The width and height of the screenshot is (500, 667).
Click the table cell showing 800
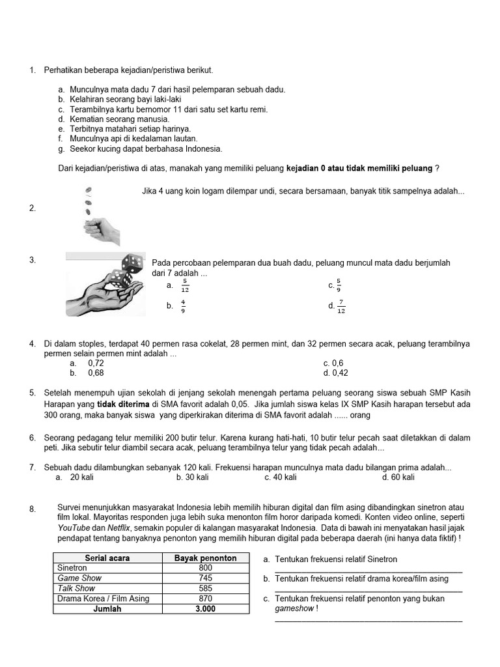point(205,568)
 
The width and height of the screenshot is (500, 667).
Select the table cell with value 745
point(205,578)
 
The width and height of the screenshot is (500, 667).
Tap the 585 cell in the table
point(205,588)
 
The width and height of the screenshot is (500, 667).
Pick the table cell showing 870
point(205,599)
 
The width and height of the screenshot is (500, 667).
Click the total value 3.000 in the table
point(205,609)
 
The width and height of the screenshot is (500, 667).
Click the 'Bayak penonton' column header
point(205,558)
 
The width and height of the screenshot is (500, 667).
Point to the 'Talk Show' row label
point(76,588)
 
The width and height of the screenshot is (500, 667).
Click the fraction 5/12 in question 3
point(185,285)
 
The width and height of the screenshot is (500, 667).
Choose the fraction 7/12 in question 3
point(342,306)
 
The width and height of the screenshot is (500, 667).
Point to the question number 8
point(33,509)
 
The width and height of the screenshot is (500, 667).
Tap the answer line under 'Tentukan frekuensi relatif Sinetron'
point(368,571)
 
